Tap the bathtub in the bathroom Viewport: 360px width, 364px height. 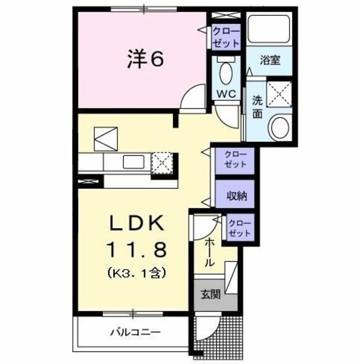pos(270,29)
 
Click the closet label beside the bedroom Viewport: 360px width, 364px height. pos(226,36)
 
